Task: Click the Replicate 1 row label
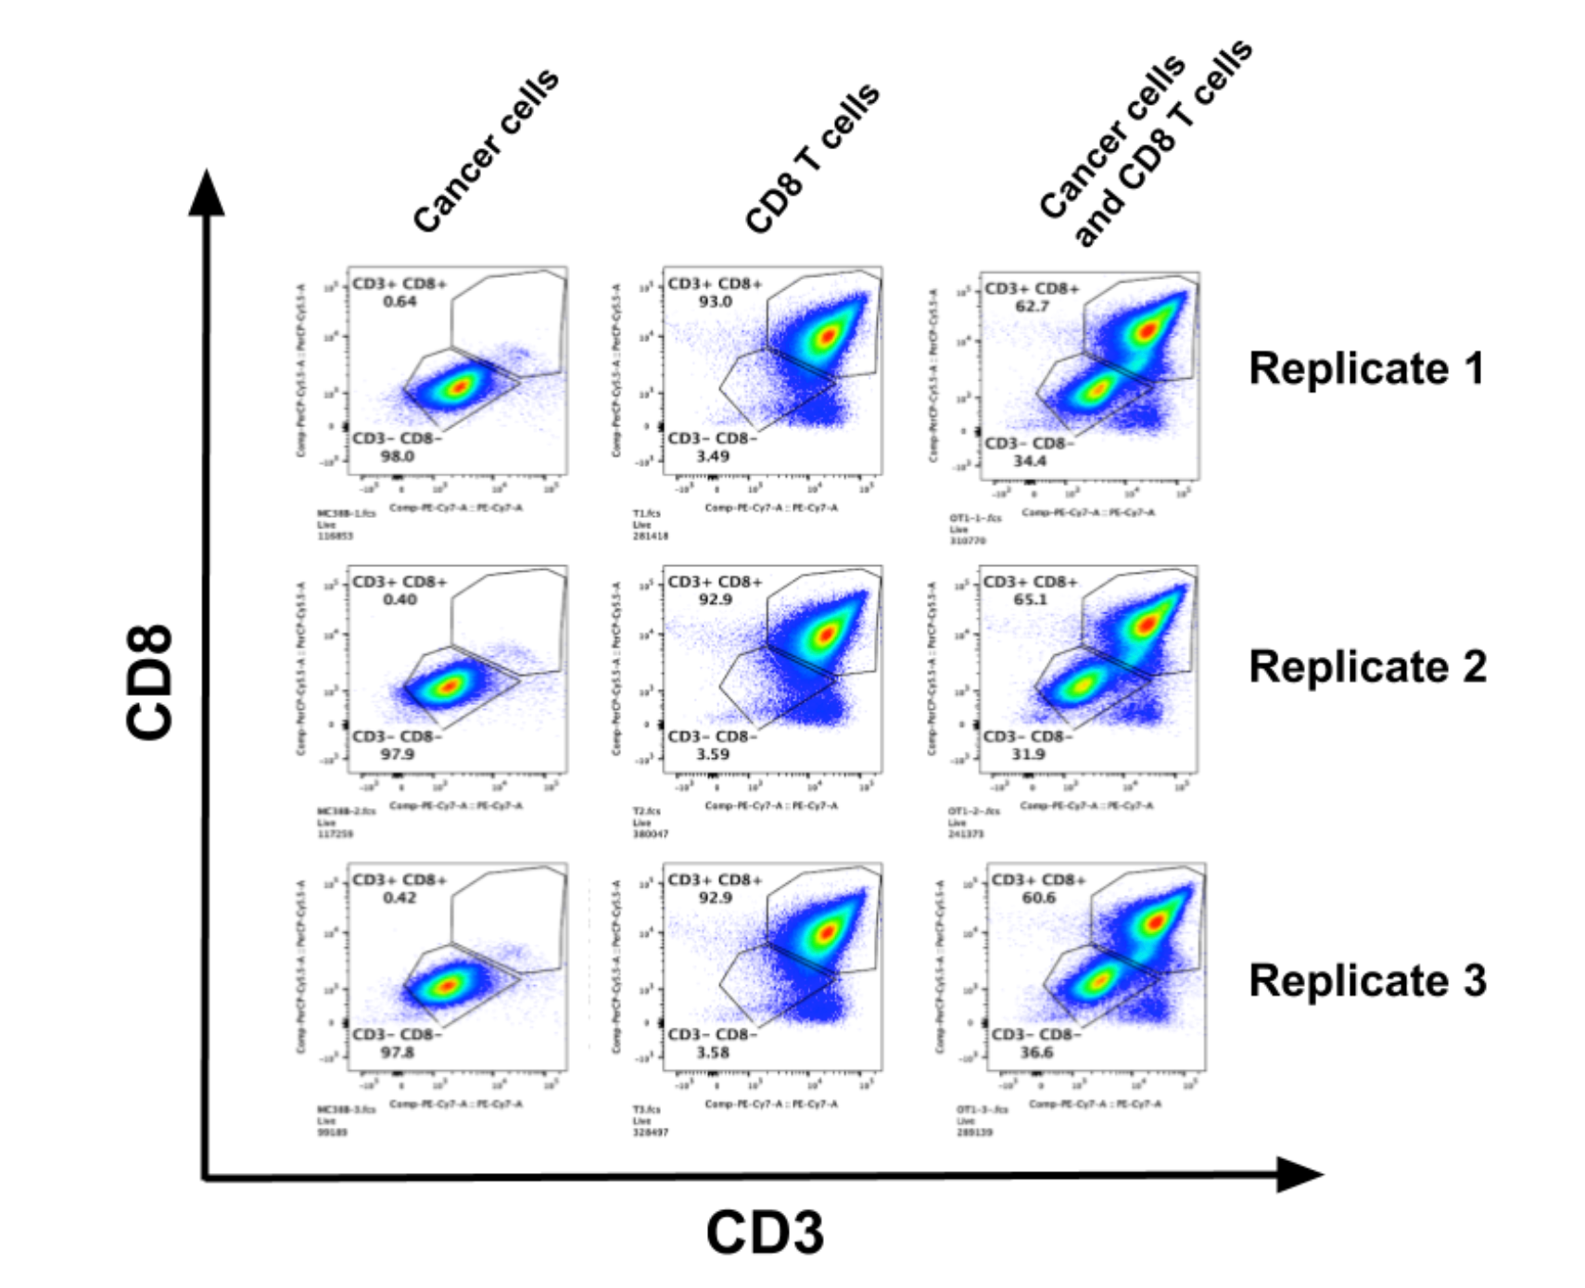click(x=1366, y=368)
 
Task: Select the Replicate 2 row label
click(x=1367, y=666)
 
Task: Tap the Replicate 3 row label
click(x=1367, y=980)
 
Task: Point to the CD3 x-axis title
click(x=765, y=1232)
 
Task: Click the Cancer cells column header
click(x=486, y=151)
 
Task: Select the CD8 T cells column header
click(x=812, y=158)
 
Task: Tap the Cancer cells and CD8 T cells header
click(x=1145, y=144)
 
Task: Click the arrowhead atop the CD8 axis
click(x=207, y=193)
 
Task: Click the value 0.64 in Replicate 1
click(x=399, y=301)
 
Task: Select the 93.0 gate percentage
click(x=715, y=301)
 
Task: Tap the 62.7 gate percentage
click(x=1032, y=306)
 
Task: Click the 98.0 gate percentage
click(x=397, y=456)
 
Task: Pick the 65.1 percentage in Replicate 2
click(x=1030, y=600)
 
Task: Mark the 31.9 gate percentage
click(x=1028, y=754)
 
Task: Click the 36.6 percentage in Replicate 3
click(x=1036, y=1053)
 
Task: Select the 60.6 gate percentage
click(x=1038, y=898)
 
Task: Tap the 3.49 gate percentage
click(x=713, y=456)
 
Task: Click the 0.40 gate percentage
click(x=399, y=600)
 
